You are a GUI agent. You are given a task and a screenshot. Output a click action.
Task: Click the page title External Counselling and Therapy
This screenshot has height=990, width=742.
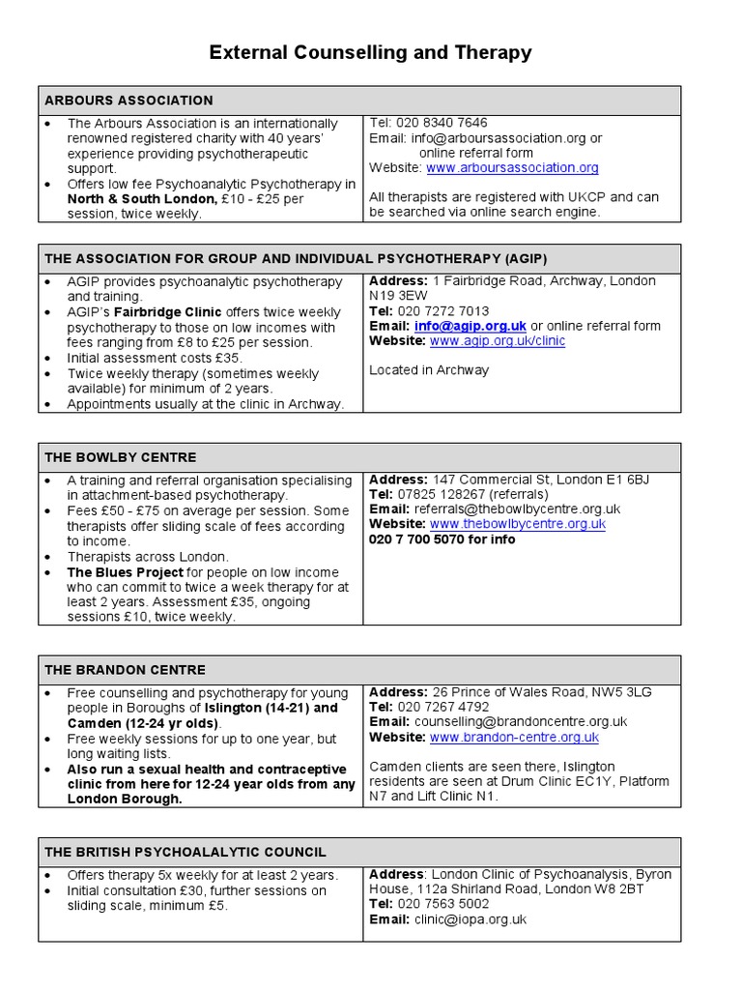coord(370,52)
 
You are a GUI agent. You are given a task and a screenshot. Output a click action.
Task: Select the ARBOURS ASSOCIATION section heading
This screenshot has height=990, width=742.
coord(128,101)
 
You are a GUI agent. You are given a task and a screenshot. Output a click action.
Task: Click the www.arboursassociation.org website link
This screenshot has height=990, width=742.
coord(512,167)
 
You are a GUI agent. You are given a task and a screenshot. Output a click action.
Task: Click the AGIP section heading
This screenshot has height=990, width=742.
coord(288,258)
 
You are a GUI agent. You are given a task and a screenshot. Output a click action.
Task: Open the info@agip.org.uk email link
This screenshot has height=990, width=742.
coord(471,326)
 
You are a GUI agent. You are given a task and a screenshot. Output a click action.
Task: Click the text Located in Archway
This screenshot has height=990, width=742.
coord(429,369)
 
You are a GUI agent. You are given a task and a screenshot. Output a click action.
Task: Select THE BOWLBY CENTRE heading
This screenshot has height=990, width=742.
coord(121,457)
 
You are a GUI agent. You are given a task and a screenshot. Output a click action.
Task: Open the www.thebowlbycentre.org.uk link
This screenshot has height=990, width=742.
coord(517,524)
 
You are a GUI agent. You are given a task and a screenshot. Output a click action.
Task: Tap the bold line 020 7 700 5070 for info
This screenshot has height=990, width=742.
coord(442,539)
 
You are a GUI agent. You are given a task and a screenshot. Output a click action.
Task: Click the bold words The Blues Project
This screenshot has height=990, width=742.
coord(125,572)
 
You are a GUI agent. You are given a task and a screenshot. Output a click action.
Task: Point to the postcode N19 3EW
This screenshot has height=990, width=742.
coord(401,296)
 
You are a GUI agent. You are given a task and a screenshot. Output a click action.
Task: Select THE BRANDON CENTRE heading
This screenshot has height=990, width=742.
coord(125,670)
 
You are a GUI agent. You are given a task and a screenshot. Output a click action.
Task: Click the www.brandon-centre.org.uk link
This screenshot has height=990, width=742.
coord(514,737)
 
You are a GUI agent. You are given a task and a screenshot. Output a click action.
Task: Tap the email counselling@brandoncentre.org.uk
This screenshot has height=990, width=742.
coord(521,721)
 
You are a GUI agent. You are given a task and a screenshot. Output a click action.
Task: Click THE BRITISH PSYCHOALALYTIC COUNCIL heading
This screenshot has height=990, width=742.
coord(185,852)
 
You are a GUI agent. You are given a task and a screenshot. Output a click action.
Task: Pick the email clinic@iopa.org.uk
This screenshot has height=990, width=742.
coord(470,919)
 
